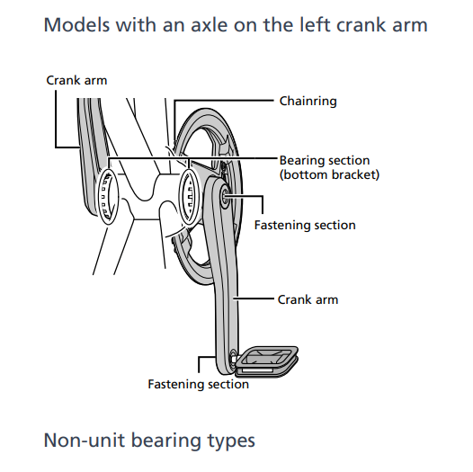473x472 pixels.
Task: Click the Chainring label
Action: coord(308,102)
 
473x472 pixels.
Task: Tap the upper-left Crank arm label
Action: coord(76,81)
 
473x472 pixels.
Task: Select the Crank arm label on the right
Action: coord(308,299)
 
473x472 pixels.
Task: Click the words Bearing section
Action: coord(325,160)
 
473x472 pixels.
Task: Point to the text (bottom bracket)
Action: coord(329,175)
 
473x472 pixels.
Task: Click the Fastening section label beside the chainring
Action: coord(305,226)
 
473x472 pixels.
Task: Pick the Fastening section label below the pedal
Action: coord(198,385)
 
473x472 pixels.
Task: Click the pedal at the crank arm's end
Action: coord(267,361)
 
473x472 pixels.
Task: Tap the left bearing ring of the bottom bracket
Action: coord(108,196)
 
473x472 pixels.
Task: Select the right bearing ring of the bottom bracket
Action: coord(190,197)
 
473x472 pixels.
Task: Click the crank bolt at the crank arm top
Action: coord(226,195)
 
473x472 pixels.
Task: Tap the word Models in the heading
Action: coord(76,25)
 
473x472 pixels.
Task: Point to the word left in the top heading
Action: coord(315,25)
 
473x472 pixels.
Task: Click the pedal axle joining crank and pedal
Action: coord(233,359)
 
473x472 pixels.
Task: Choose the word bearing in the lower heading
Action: coord(166,441)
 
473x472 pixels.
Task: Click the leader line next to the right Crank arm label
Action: coord(254,298)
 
